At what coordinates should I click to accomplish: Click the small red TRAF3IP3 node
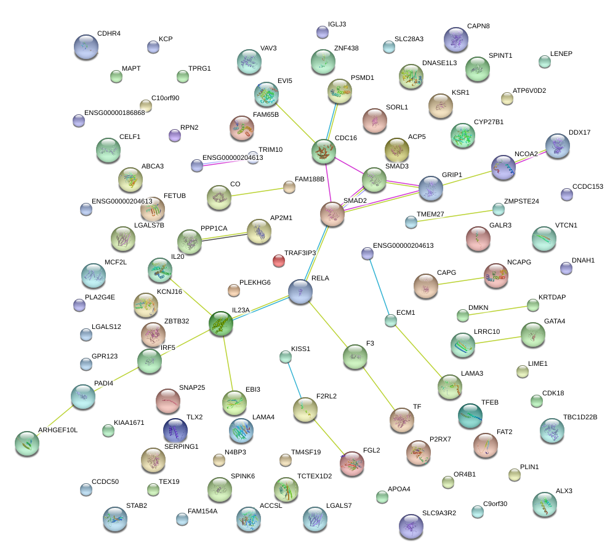279,261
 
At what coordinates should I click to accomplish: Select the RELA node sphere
300,290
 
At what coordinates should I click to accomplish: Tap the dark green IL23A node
221,324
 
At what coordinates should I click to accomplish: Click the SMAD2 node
333,213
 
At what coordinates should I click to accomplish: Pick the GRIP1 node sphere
431,189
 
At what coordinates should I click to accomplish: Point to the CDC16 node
324,151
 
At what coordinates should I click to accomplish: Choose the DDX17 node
557,146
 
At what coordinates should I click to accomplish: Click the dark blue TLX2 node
175,430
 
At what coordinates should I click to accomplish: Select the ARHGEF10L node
27,443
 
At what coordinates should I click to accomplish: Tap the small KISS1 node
285,357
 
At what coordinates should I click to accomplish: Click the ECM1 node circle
391,320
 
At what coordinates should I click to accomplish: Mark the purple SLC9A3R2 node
411,525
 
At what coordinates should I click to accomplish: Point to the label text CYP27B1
489,122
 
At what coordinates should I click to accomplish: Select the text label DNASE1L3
439,63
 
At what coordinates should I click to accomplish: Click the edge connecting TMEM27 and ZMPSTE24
455,215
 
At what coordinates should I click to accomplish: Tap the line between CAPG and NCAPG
461,280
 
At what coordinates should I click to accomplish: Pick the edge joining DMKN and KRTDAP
498,310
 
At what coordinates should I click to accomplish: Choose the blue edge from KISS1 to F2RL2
294,381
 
